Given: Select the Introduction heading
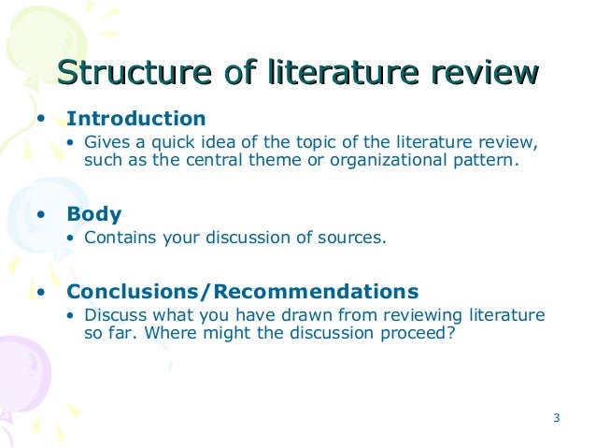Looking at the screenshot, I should point(135,120).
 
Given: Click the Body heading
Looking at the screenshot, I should point(94,214).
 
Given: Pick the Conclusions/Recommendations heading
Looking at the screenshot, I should point(243,291).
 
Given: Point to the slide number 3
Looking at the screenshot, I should point(556,417).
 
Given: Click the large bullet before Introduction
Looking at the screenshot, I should point(40,121).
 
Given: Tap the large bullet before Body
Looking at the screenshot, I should point(40,215).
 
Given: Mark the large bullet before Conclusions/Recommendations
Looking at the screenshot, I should point(40,292).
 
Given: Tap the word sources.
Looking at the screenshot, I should point(351,237).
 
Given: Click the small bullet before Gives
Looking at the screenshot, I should point(74,143).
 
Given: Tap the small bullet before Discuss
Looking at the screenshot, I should point(74,315).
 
